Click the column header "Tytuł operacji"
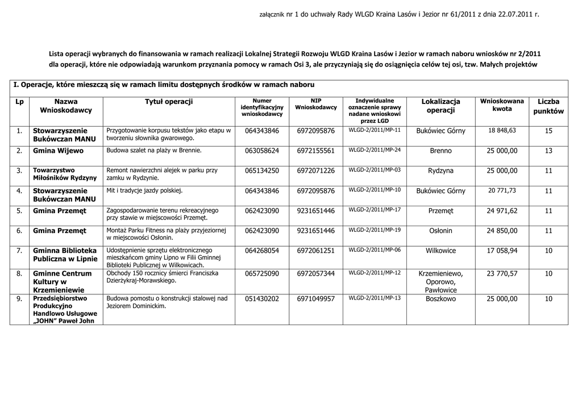pos(169,101)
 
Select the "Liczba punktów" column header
pos(548,106)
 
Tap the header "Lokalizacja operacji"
pos(440,106)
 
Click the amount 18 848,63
pos(502,130)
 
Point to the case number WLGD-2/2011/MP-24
pos(375,150)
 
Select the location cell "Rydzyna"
pos(440,170)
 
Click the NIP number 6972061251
pos(315,250)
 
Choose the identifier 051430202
pos(262,298)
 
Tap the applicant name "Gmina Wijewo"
pos(58,151)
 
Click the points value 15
pos(548,131)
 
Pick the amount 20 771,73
pos(502,190)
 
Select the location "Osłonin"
pos(440,231)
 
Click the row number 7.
pos(19,250)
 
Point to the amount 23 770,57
pos(502,273)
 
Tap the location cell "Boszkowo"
pos(440,298)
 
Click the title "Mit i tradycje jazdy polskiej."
pos(144,190)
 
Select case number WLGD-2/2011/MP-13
pos(375,297)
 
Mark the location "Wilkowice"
pos(440,250)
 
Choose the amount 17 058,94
pos(502,250)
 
